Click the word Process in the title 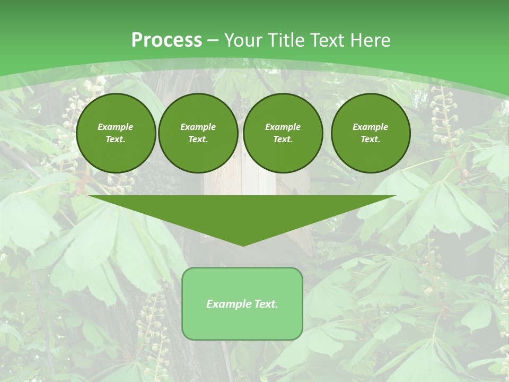click(166, 40)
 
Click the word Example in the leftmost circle click(116, 127)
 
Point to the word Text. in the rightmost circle click(371, 139)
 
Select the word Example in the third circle click(283, 127)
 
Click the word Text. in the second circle click(198, 139)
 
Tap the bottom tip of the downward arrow click(243, 245)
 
